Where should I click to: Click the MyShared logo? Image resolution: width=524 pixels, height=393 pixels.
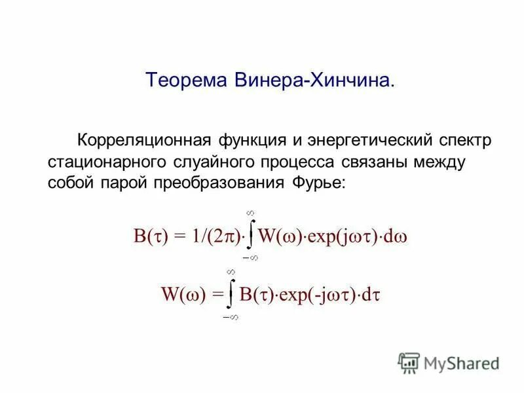(x=449, y=362)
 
